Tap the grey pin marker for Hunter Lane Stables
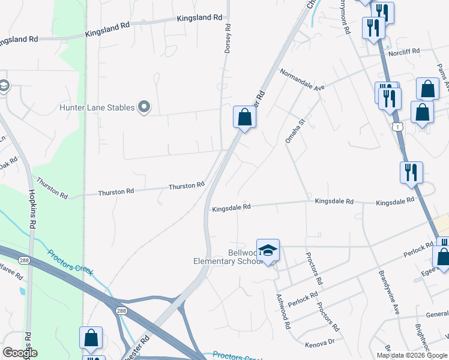144,107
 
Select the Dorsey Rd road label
228,40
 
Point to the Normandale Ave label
303,79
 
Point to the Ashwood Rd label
283,311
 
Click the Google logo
20,353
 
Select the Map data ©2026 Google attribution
411,355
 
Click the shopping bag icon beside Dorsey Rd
244,116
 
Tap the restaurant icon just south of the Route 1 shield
411,172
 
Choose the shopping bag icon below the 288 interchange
91,338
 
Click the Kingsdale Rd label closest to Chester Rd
231,208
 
